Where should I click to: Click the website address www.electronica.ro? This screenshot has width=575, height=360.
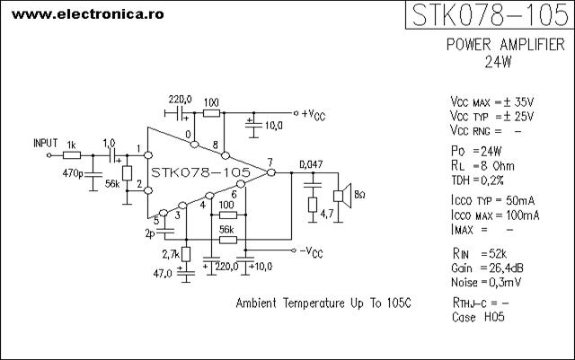pyautogui.click(x=88, y=14)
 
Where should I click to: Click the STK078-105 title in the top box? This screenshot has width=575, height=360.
pyautogui.click(x=491, y=15)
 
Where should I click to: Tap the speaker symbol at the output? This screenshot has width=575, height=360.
pyautogui.click(x=342, y=196)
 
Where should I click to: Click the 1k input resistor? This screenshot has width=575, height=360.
pyautogui.click(x=72, y=155)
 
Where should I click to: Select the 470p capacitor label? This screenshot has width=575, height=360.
pyautogui.click(x=73, y=172)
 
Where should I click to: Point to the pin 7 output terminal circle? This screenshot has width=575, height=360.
pyautogui.click(x=271, y=172)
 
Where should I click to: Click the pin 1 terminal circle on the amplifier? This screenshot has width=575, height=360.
pyautogui.click(x=148, y=155)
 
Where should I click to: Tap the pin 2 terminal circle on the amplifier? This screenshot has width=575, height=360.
pyautogui.click(x=148, y=190)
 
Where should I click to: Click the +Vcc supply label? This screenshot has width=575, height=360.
pyautogui.click(x=314, y=115)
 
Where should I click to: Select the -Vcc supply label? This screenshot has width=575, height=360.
pyautogui.click(x=311, y=252)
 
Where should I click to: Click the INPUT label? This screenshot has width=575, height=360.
pyautogui.click(x=46, y=143)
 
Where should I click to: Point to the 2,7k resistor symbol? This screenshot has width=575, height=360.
pyautogui.click(x=186, y=254)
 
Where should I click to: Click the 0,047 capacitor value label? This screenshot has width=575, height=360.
pyautogui.click(x=311, y=164)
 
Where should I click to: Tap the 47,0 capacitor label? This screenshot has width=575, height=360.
pyautogui.click(x=163, y=274)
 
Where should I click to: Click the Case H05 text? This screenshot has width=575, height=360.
pyautogui.click(x=478, y=317)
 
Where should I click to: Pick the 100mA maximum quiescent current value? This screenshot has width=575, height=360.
pyautogui.click(x=523, y=215)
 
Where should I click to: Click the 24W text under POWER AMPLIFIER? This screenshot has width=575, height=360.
pyautogui.click(x=498, y=62)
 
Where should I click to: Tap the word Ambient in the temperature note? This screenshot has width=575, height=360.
pyautogui.click(x=256, y=303)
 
